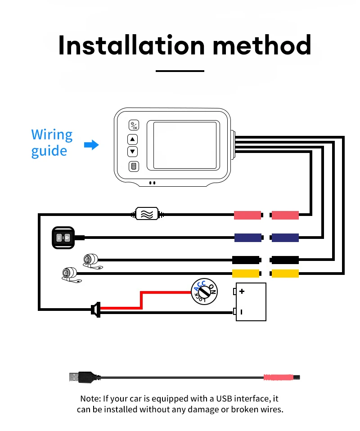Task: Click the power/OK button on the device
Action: [x=134, y=126]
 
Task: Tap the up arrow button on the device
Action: [x=133, y=139]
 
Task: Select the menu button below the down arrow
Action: [x=134, y=166]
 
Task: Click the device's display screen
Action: [x=184, y=145]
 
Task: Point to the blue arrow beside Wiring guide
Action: [x=91, y=145]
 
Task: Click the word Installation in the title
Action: [x=131, y=45]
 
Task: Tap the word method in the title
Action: [x=262, y=45]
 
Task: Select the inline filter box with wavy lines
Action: [x=147, y=214]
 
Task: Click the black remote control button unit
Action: [x=63, y=238]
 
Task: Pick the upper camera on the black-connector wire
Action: [x=92, y=261]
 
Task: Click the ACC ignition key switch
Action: [x=204, y=292]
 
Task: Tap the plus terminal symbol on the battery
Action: [x=242, y=291]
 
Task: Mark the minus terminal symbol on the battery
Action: [x=242, y=312]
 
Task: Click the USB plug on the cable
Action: [x=82, y=377]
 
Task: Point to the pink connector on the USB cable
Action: [x=278, y=377]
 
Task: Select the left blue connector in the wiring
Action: [x=248, y=238]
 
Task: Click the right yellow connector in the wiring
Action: [x=285, y=274]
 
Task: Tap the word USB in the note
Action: [x=224, y=399]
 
